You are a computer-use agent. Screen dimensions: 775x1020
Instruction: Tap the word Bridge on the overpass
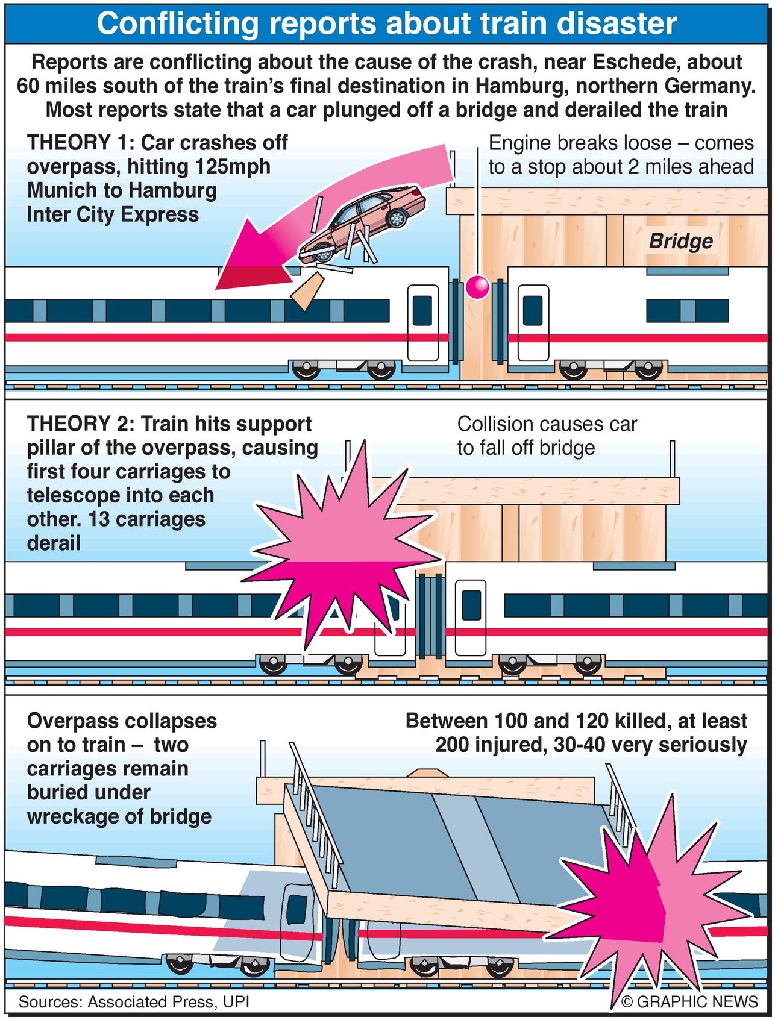[x=680, y=241]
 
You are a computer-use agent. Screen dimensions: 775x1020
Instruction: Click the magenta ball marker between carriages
[x=478, y=287]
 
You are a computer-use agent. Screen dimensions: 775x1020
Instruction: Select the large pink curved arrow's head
[x=253, y=256]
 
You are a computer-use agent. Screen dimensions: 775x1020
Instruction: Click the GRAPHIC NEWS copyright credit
[x=689, y=1001]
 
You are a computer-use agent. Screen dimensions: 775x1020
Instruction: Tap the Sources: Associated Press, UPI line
[x=134, y=1001]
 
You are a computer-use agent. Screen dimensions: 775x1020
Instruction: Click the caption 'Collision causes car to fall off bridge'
[x=547, y=436]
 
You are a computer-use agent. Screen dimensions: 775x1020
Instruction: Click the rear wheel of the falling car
[x=396, y=217]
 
